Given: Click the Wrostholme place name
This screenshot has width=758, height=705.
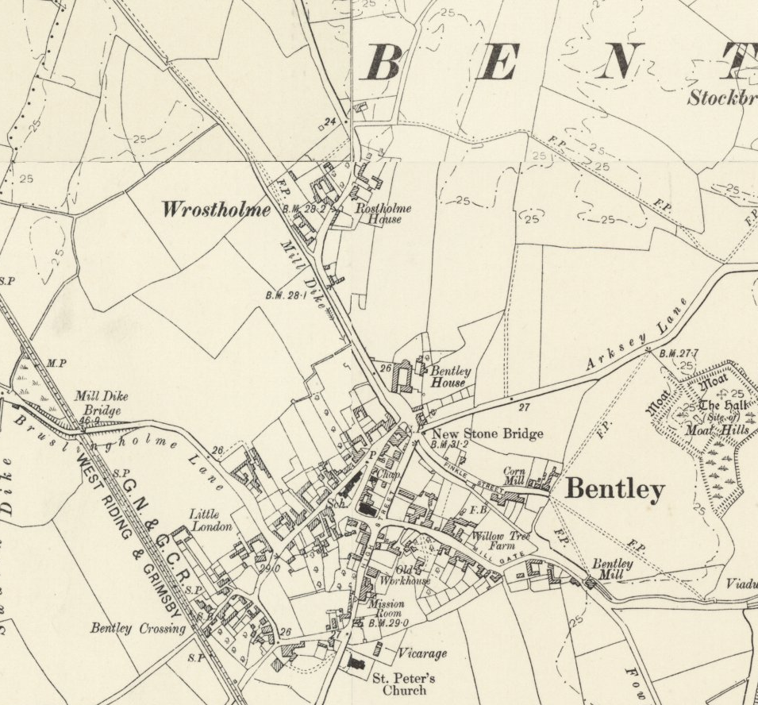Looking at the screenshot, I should [x=216, y=210].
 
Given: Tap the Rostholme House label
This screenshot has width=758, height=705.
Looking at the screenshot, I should [x=383, y=213].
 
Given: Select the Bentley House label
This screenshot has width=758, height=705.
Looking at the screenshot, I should [x=449, y=376].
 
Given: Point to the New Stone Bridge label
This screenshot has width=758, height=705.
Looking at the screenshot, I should [x=487, y=433].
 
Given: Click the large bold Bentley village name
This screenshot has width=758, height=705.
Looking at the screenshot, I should [x=614, y=490].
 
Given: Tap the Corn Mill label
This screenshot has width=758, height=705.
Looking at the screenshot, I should [x=514, y=476].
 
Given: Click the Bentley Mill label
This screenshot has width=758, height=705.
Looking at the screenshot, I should [x=613, y=568].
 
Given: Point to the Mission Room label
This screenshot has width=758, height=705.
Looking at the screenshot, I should [x=387, y=609].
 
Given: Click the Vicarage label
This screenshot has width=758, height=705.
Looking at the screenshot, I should [x=421, y=653].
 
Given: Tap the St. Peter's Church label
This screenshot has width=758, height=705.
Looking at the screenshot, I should [x=404, y=684].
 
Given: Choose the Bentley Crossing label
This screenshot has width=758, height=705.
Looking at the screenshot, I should [x=137, y=629].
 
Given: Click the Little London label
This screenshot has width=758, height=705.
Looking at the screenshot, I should [x=210, y=521].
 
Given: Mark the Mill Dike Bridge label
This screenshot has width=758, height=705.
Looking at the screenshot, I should [x=101, y=403].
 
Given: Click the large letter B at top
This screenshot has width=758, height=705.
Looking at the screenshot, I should [x=382, y=63].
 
